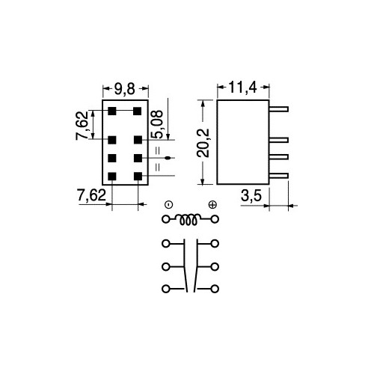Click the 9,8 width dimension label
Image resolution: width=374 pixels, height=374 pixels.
click(x=125, y=89)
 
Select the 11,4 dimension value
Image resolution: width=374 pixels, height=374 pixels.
click(x=242, y=88)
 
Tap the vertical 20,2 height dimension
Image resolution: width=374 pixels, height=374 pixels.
click(x=203, y=143)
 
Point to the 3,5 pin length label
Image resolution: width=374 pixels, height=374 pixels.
click(x=251, y=196)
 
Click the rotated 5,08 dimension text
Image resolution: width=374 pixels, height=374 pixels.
click(x=158, y=124)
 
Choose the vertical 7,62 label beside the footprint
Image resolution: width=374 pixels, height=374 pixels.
click(x=82, y=126)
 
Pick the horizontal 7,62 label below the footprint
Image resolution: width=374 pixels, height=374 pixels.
click(x=91, y=195)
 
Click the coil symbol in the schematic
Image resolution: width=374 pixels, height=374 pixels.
click(x=188, y=219)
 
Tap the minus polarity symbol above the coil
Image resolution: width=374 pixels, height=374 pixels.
click(x=169, y=205)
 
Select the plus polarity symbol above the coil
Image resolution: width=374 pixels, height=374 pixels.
click(x=212, y=205)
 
